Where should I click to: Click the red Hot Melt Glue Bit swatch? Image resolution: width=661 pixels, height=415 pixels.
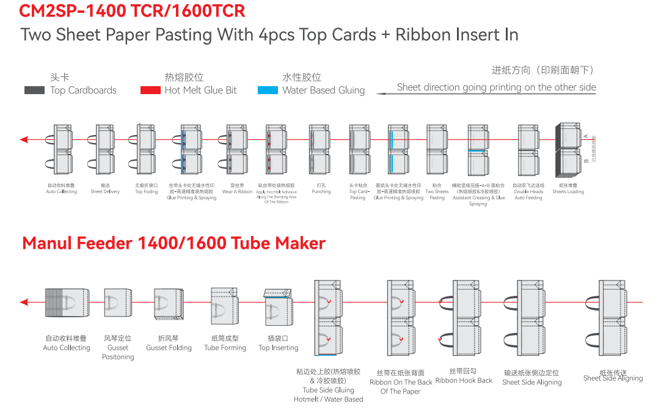150,90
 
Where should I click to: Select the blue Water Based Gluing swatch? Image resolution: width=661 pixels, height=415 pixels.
268,90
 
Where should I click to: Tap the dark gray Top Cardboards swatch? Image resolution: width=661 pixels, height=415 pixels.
34,90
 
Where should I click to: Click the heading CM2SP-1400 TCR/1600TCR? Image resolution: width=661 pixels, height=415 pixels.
132,11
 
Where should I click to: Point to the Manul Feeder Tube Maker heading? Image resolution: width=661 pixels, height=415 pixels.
173,243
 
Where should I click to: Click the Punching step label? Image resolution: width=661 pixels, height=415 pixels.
321,191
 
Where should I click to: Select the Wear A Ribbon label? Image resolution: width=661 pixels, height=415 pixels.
237,191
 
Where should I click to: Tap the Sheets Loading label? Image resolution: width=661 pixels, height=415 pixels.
568,191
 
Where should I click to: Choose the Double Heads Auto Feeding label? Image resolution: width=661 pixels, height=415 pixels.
528,194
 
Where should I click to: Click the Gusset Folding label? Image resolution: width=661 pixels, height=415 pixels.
169,348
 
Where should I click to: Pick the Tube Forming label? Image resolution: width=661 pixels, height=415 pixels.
225,348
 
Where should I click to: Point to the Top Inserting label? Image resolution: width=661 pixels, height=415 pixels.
279,348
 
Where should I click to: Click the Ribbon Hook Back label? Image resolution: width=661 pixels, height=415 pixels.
464,380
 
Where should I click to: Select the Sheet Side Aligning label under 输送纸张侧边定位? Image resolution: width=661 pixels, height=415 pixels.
531,382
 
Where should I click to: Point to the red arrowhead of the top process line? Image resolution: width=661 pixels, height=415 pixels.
24,140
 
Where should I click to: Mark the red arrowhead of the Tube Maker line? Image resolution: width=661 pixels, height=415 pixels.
24,302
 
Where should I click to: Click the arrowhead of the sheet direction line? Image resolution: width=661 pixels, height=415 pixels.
380,94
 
